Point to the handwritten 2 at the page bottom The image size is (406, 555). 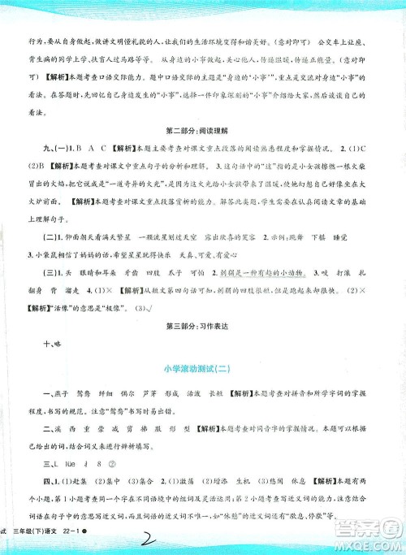click(218, 538)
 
